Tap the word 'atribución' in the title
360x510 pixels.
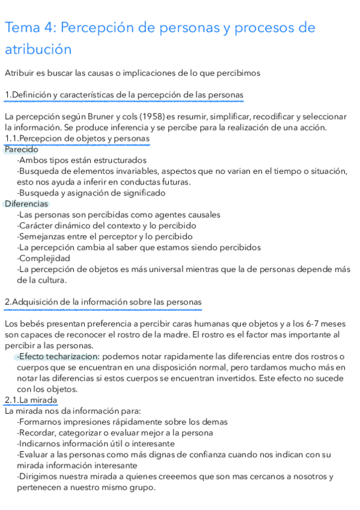point(38,49)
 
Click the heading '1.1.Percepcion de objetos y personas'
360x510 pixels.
point(77,138)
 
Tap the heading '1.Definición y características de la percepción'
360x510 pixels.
point(123,95)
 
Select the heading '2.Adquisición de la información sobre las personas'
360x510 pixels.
point(103,301)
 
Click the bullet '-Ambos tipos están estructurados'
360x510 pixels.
point(82,160)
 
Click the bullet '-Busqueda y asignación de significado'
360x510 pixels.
point(91,193)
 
